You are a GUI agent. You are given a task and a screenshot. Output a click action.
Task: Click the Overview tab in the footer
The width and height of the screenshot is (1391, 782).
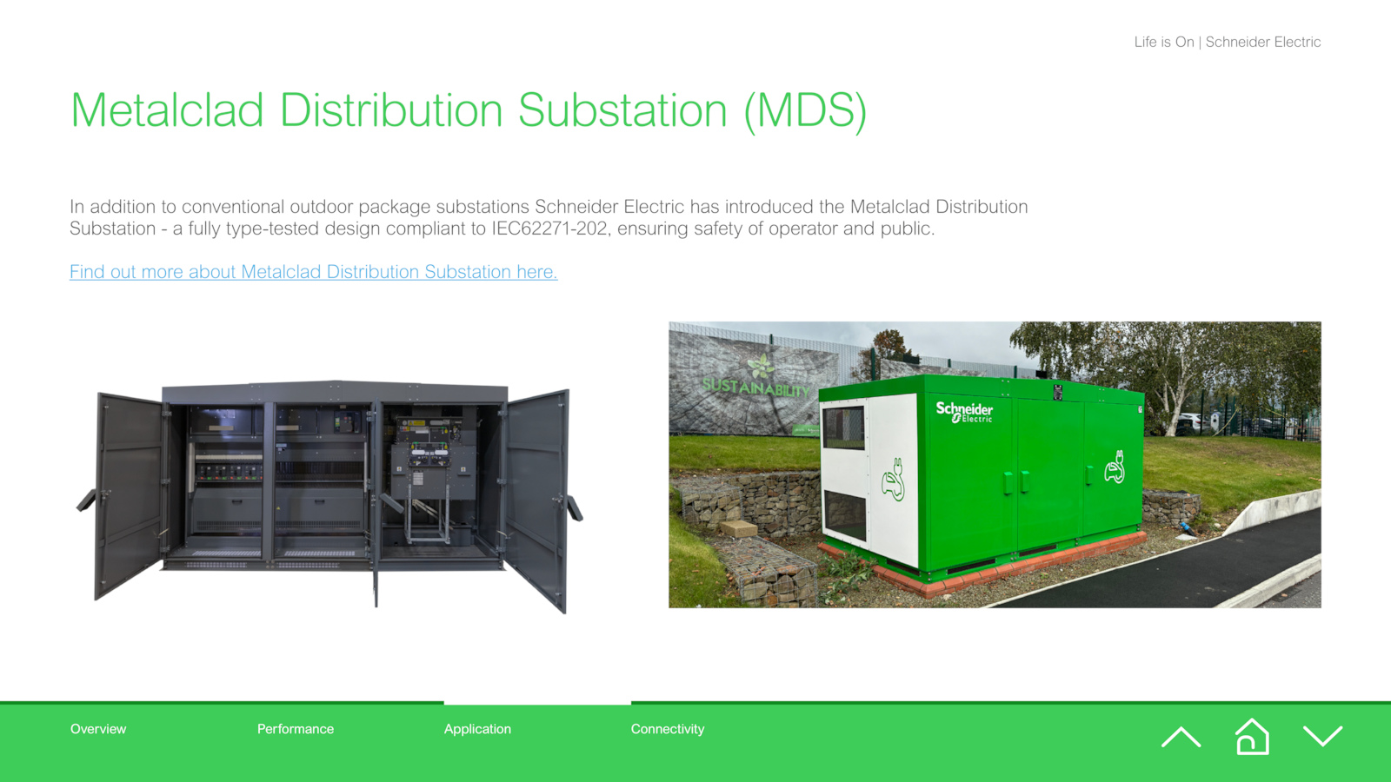click(98, 729)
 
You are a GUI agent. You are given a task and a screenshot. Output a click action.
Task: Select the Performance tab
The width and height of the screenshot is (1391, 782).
click(296, 729)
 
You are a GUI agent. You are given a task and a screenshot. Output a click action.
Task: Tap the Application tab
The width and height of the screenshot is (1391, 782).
click(477, 729)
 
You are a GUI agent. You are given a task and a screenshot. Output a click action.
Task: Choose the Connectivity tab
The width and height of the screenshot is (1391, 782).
click(668, 729)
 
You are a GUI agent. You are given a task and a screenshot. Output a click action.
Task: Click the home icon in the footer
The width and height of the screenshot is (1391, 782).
click(1252, 737)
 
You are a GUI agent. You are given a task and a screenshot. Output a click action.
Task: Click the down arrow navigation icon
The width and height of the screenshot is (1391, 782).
click(1322, 736)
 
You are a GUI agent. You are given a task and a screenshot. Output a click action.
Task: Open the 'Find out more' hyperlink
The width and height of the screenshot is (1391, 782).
click(314, 272)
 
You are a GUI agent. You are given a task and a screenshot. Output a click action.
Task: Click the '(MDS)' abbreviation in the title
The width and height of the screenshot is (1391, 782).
click(805, 111)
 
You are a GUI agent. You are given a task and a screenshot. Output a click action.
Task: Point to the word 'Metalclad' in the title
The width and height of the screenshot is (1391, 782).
click(168, 110)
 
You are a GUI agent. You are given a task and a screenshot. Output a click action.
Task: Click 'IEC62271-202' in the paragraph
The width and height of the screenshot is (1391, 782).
click(549, 229)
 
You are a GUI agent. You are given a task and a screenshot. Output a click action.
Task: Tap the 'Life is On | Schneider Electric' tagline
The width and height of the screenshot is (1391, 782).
click(1227, 43)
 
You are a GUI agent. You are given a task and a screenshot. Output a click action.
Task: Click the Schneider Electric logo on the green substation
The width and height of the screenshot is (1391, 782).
click(964, 412)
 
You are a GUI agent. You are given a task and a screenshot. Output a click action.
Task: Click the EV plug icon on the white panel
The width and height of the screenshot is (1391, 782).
click(894, 479)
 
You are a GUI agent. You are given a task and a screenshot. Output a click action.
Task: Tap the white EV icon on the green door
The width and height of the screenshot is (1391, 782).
click(1115, 467)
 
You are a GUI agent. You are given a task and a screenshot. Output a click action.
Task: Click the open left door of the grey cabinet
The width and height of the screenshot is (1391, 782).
click(129, 496)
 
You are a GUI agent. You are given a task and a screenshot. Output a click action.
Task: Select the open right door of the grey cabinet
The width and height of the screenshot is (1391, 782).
click(536, 500)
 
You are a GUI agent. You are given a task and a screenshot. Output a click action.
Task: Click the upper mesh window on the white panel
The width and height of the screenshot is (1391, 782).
click(843, 427)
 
